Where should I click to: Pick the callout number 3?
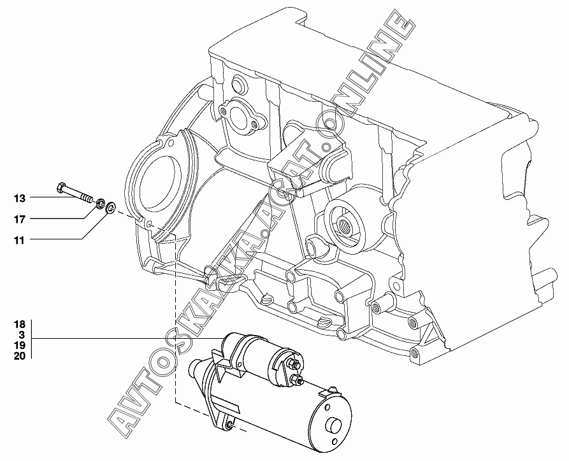point(21,335)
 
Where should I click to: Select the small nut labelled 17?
point(100,204)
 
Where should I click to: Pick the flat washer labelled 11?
point(110,207)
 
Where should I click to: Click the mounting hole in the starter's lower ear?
point(229,424)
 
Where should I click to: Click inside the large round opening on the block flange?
point(155,180)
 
